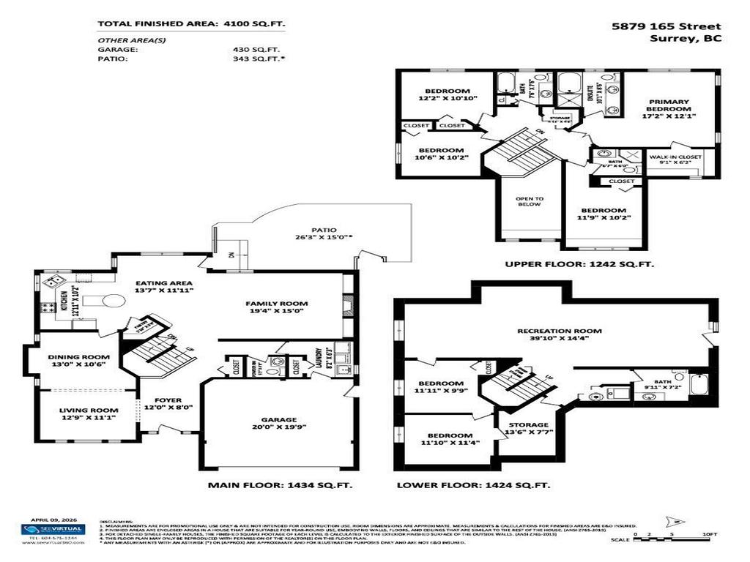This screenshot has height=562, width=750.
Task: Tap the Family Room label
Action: point(276,303)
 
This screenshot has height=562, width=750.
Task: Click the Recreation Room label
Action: point(553,329)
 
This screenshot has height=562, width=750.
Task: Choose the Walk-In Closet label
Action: point(675,157)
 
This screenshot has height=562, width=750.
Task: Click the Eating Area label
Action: point(164,283)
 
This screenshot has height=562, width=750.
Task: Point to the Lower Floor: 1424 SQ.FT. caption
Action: point(473,484)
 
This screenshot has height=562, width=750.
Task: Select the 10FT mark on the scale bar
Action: point(710,536)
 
